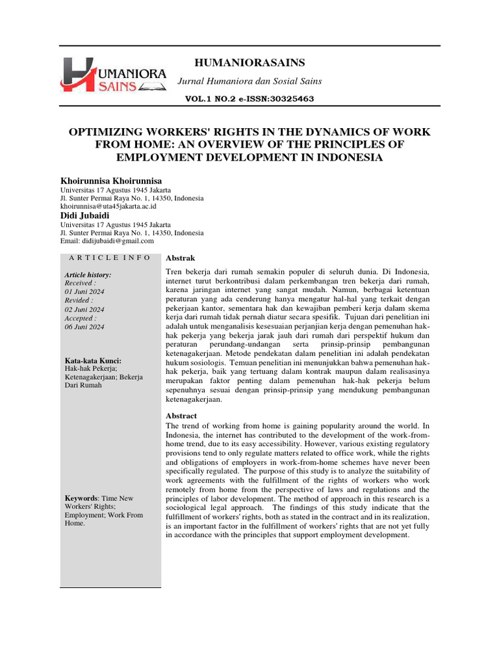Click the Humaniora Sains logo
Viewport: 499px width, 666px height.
(113, 75)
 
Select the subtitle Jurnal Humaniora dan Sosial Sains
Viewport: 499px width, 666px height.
(250, 81)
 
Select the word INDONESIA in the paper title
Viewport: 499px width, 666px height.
(349, 157)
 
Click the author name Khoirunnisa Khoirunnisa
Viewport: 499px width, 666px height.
(111, 180)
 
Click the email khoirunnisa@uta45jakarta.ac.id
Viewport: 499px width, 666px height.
(109, 206)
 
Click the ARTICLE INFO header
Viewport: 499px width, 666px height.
(110, 258)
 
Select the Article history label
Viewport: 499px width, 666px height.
(88, 275)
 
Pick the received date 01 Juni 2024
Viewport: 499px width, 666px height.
(84, 292)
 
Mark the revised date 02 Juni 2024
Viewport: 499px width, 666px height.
(84, 310)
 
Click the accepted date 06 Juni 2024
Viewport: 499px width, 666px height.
(84, 327)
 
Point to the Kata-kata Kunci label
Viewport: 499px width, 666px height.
(93, 360)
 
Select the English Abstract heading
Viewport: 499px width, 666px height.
(181, 416)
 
